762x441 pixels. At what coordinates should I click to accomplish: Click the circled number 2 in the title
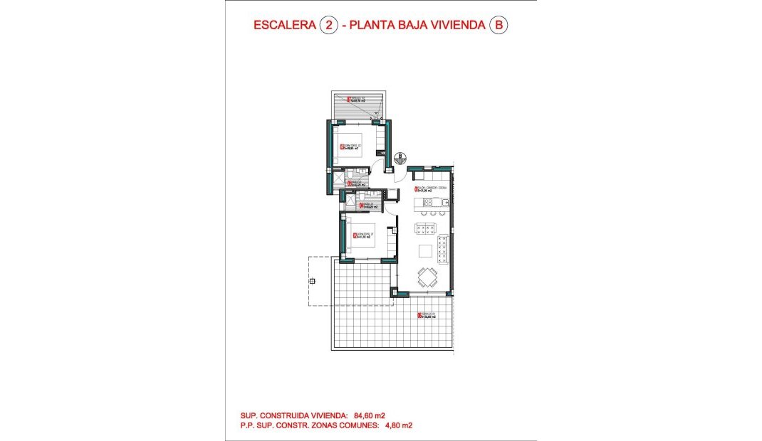pyautogui.click(x=329, y=26)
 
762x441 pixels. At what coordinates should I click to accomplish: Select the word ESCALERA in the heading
pyautogui.click(x=286, y=26)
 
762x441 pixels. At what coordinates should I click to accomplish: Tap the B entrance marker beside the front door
pyautogui.click(x=400, y=155)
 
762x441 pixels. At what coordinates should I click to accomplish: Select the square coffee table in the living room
pyautogui.click(x=425, y=250)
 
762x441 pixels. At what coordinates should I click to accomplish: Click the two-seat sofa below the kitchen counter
pyautogui.click(x=425, y=228)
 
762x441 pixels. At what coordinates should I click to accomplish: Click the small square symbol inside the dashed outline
pyautogui.click(x=312, y=282)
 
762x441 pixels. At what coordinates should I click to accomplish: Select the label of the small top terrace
pyautogui.click(x=355, y=100)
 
